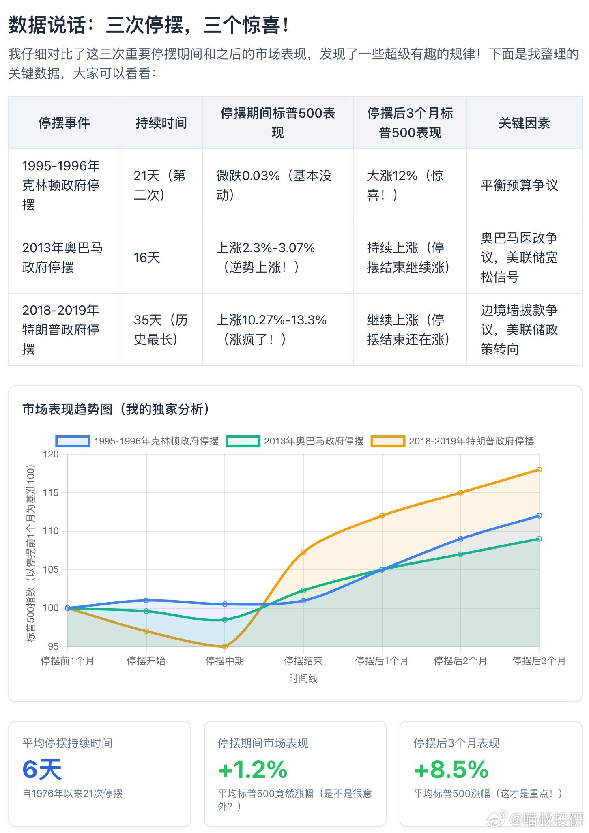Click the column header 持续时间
pyautogui.click(x=161, y=122)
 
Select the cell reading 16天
pyautogui.click(x=147, y=257)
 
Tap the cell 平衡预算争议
pyautogui.click(x=519, y=185)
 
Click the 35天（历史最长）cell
pyautogui.click(x=161, y=329)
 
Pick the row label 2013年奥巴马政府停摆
pyautogui.click(x=63, y=257)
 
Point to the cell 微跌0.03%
pyautogui.click(x=274, y=185)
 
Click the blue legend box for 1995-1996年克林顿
pyautogui.click(x=73, y=441)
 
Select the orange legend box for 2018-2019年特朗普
pyautogui.click(x=388, y=441)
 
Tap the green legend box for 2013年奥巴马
pyautogui.click(x=243, y=441)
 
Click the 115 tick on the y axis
pyautogui.click(x=51, y=492)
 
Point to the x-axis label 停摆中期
pyautogui.click(x=225, y=661)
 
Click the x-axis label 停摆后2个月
pyautogui.click(x=460, y=661)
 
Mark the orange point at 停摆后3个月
pyautogui.click(x=539, y=469)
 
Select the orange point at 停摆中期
pyautogui.click(x=225, y=646)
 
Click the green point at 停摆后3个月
pyautogui.click(x=539, y=539)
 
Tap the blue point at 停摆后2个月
pyautogui.click(x=460, y=539)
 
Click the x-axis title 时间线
pyautogui.click(x=303, y=678)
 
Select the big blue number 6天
pyautogui.click(x=42, y=769)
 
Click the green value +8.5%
pyautogui.click(x=451, y=769)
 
